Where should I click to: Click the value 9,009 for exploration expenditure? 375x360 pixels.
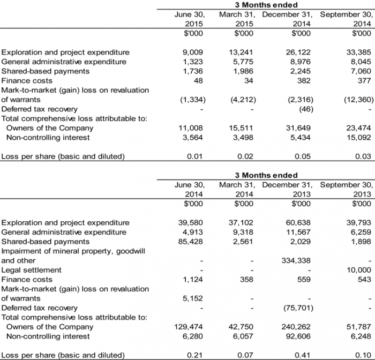194,52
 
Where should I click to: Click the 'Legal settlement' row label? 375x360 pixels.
32,270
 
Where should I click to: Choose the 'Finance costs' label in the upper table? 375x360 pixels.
27,81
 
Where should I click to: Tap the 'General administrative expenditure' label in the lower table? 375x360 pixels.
64,232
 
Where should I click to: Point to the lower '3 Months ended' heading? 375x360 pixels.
266,175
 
